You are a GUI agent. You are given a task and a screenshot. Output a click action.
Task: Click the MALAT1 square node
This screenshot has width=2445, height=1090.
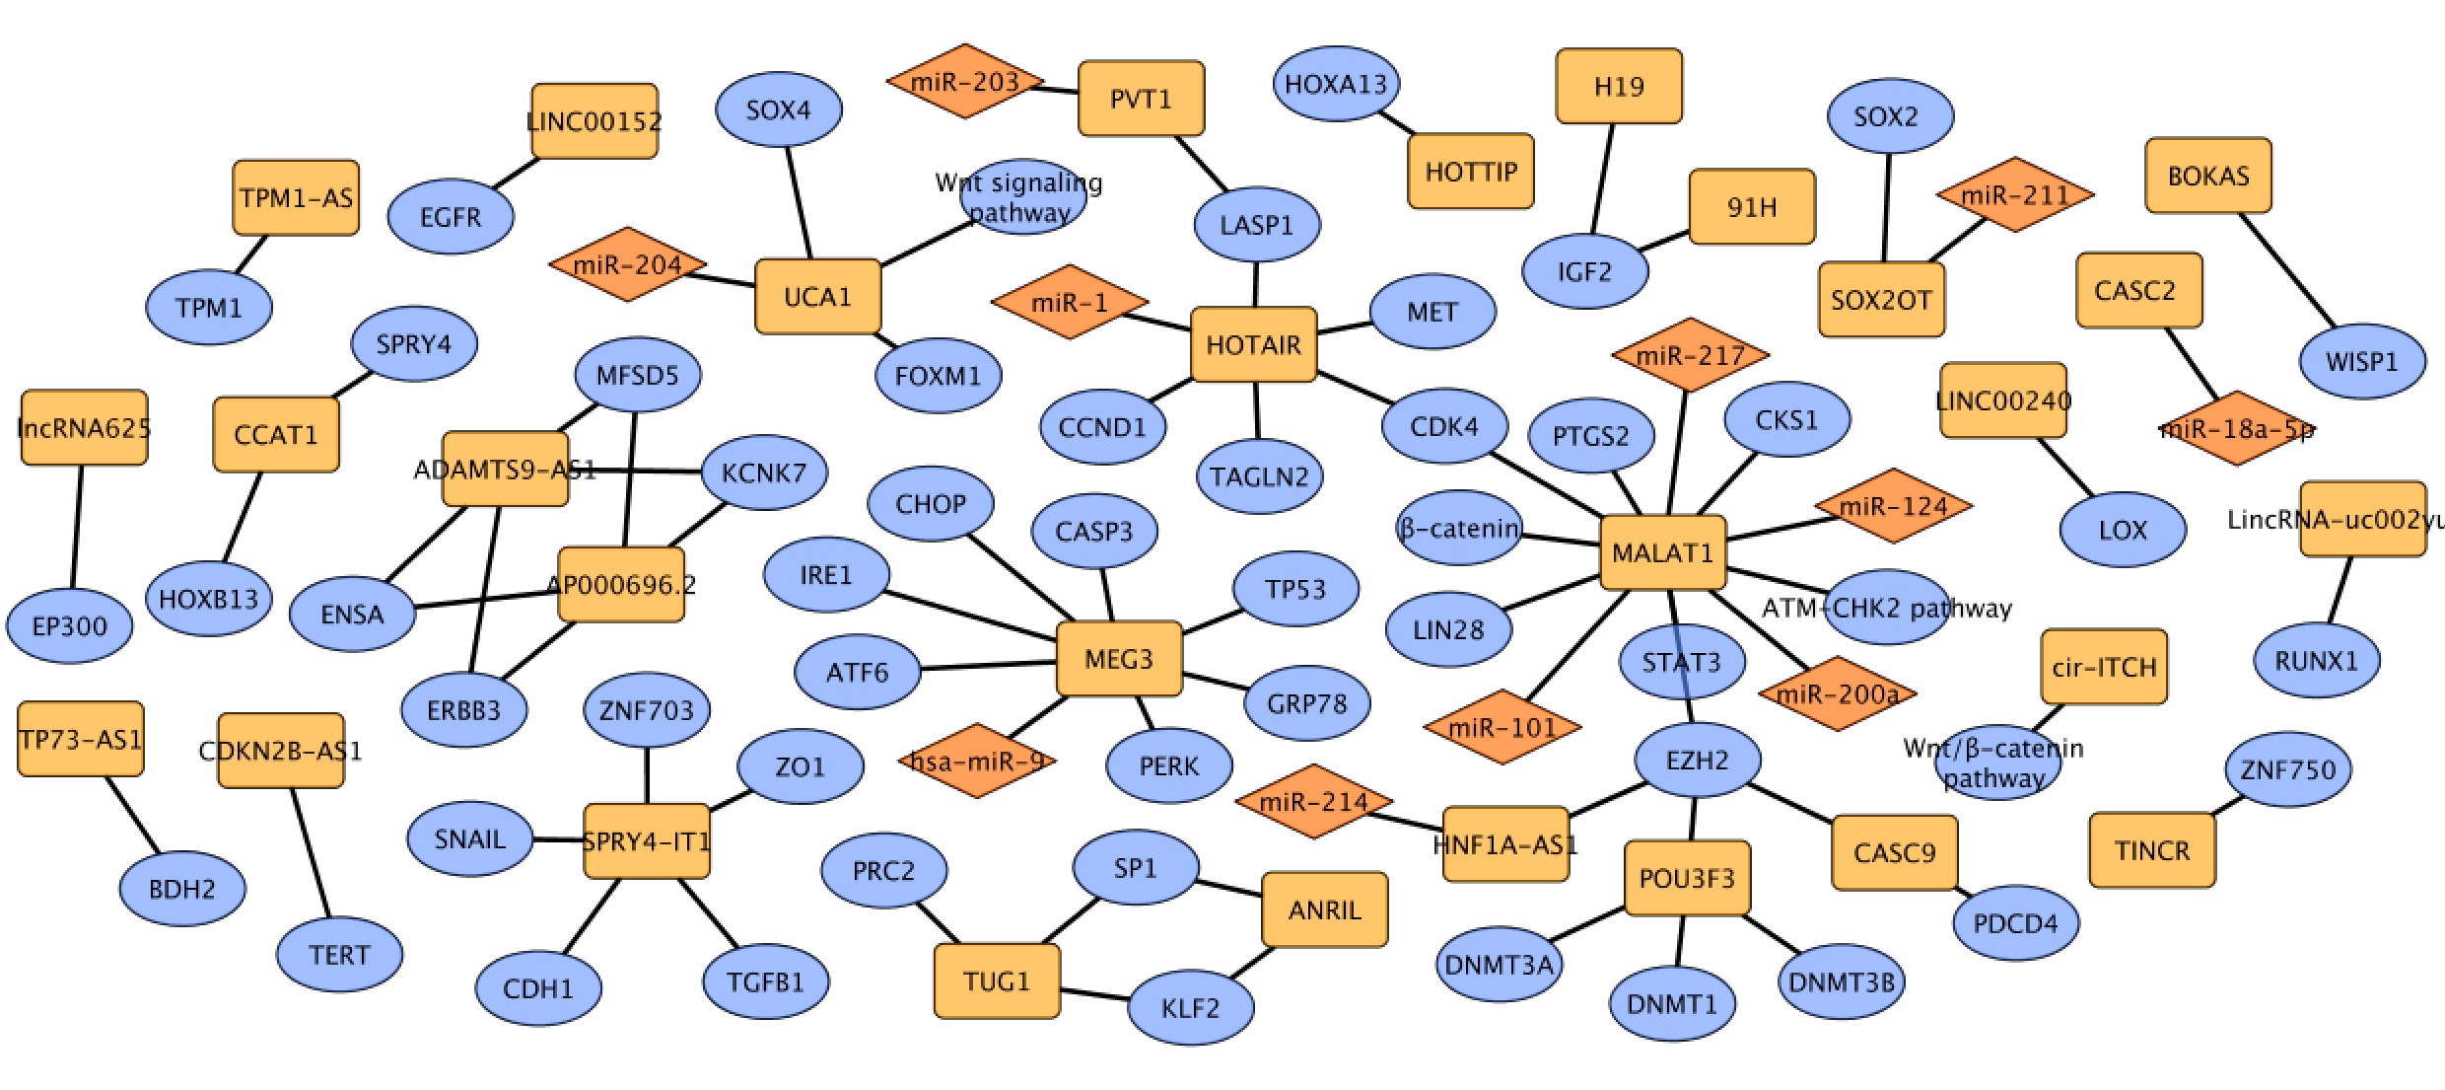click(x=1662, y=552)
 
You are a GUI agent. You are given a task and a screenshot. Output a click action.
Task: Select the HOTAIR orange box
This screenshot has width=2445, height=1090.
click(x=1253, y=344)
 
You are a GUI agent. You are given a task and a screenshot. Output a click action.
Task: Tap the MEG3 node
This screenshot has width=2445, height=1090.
click(x=1118, y=658)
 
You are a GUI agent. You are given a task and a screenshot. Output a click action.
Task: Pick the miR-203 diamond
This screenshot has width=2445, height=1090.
click(x=964, y=81)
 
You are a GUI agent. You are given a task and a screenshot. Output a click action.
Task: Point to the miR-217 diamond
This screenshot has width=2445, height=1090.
click(x=1690, y=354)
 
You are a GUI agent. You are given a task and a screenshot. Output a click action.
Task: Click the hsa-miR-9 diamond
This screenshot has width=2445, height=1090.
click(x=976, y=761)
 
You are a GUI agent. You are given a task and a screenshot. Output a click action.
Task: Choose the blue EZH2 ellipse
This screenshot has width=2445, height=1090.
click(x=1697, y=760)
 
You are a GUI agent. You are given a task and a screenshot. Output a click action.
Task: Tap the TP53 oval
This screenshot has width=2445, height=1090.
click(x=1295, y=589)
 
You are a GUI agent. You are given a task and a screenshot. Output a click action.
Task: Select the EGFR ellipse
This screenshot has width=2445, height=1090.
click(x=451, y=216)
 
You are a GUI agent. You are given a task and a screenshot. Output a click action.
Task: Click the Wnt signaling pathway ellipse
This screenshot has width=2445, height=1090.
click(x=1022, y=196)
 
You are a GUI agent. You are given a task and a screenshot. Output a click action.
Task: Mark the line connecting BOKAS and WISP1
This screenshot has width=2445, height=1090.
click(x=2286, y=269)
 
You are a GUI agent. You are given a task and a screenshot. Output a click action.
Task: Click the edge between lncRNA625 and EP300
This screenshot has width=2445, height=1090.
click(x=76, y=527)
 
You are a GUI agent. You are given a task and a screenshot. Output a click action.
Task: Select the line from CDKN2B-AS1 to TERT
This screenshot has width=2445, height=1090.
click(x=311, y=852)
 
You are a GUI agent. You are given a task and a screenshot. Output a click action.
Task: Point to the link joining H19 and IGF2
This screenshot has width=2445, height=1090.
click(x=1602, y=179)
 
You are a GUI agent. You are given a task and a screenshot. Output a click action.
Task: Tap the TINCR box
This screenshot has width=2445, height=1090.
click(x=2151, y=850)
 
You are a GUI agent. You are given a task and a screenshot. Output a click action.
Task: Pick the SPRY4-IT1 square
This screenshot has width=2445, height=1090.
click(x=647, y=840)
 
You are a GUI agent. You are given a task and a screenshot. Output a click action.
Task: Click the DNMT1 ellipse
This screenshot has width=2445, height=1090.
click(x=1671, y=1003)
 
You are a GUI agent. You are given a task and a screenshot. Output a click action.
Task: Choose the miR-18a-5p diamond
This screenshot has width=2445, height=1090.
click(x=2236, y=429)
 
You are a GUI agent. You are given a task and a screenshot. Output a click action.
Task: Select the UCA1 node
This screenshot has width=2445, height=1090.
click(x=817, y=296)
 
